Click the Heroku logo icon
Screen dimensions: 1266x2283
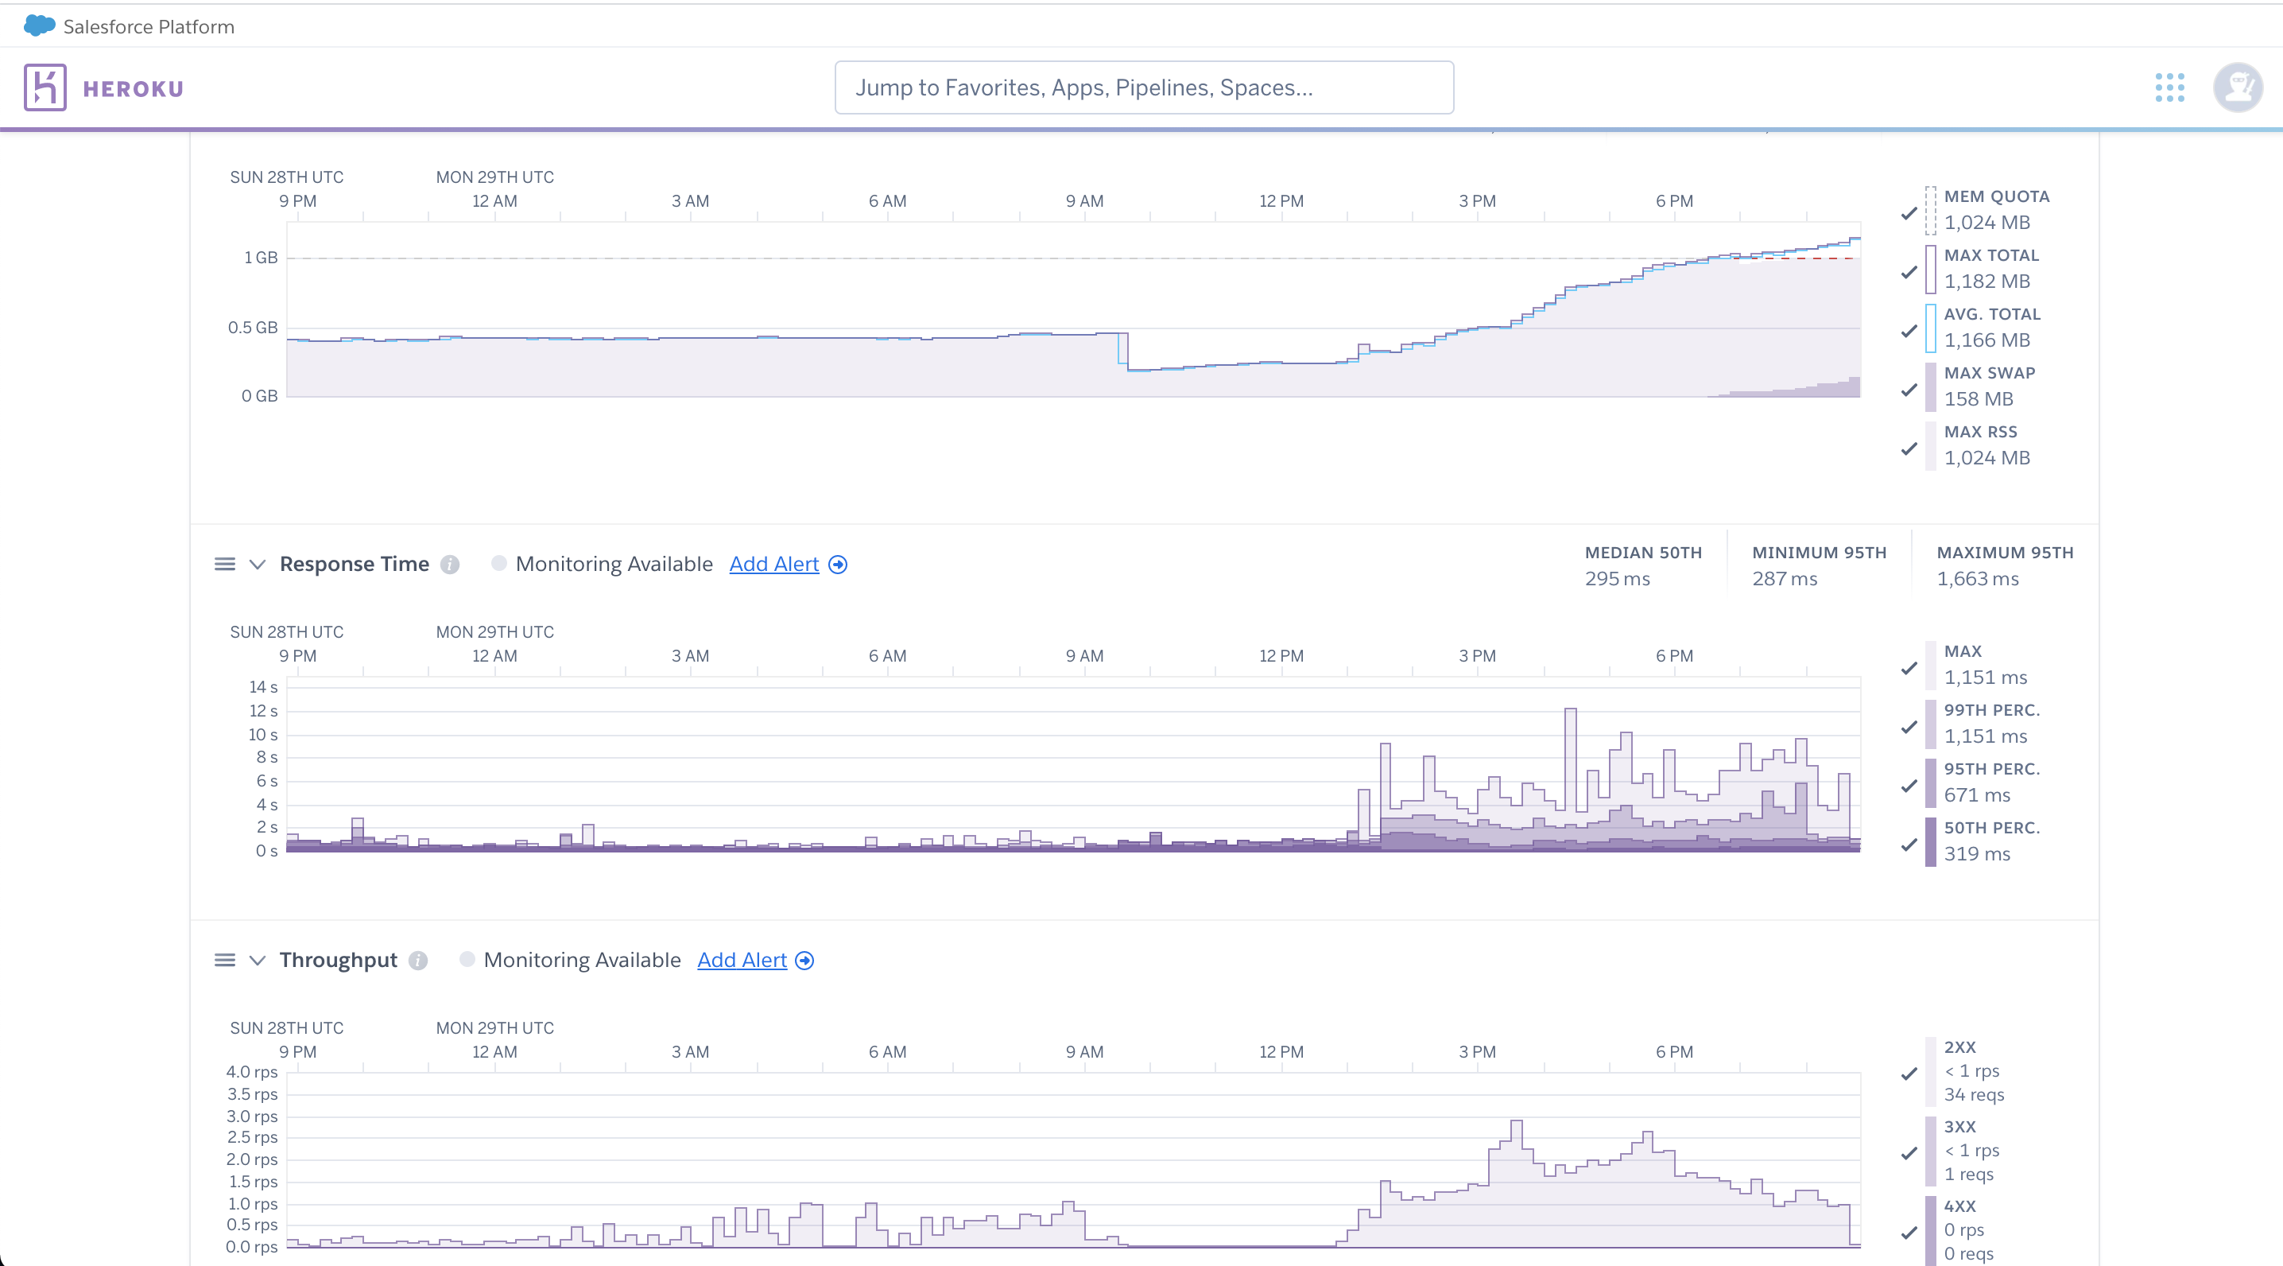(45, 87)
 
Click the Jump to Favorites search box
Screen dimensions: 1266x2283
(1143, 87)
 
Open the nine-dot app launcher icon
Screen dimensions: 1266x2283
(2169, 87)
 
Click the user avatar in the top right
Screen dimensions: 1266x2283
(2237, 87)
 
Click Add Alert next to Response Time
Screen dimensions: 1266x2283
(773, 564)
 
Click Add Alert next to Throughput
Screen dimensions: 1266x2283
(742, 960)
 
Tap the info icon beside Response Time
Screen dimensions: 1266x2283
(450, 565)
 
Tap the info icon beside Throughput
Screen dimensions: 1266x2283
(418, 961)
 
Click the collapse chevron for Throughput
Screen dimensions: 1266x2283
(257, 960)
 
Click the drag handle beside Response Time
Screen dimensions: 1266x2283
(225, 564)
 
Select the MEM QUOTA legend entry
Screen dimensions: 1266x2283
(1996, 209)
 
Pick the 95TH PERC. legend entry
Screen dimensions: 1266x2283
(1991, 782)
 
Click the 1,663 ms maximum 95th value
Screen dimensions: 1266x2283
(1977, 579)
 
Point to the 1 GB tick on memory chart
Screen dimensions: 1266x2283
(261, 258)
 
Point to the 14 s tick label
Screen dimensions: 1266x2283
(263, 687)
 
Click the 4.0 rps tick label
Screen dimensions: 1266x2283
(252, 1072)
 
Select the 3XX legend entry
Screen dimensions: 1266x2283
(1971, 1150)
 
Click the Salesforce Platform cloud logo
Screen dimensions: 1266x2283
(39, 25)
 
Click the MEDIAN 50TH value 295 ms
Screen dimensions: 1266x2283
(1617, 579)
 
